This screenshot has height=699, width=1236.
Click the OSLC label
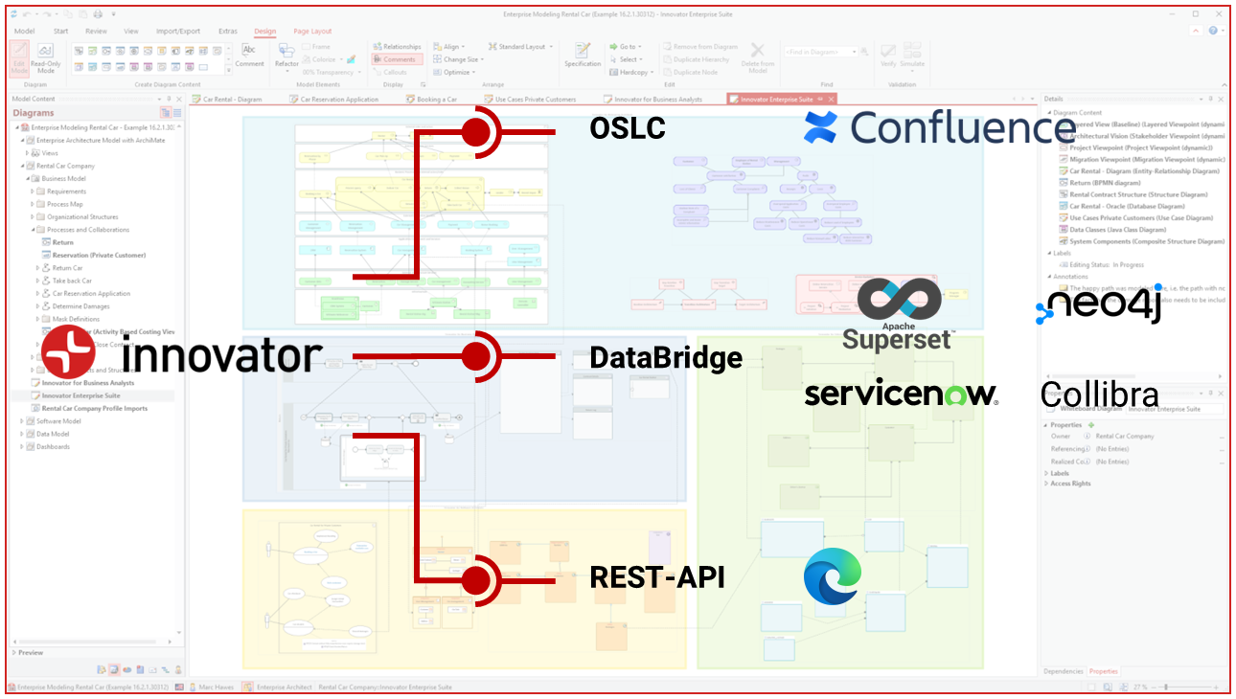(x=628, y=128)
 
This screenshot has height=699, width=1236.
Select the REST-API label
(x=656, y=577)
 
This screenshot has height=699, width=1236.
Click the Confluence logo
(x=939, y=127)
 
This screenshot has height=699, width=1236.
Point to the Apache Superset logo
(x=898, y=314)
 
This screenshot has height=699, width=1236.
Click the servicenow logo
(x=901, y=394)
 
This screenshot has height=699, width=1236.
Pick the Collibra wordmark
(x=1099, y=395)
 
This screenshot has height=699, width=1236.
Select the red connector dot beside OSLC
(x=475, y=132)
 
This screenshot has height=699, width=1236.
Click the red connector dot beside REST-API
(x=475, y=580)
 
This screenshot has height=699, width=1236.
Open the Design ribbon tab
(x=265, y=32)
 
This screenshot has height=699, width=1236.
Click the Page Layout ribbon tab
(x=312, y=32)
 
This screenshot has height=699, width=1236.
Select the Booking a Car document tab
(x=436, y=99)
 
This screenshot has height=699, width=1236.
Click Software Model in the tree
(x=58, y=421)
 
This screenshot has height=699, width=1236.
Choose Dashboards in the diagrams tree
(x=53, y=446)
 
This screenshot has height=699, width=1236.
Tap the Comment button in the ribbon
(x=249, y=56)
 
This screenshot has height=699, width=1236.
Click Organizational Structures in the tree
(x=83, y=217)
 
